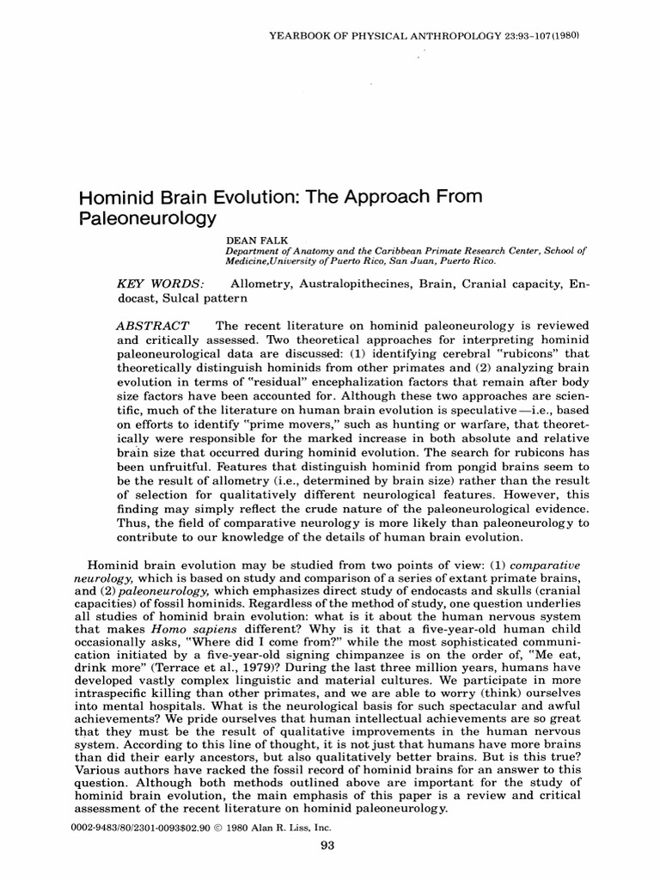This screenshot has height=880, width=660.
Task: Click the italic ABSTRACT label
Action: [x=152, y=327]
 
